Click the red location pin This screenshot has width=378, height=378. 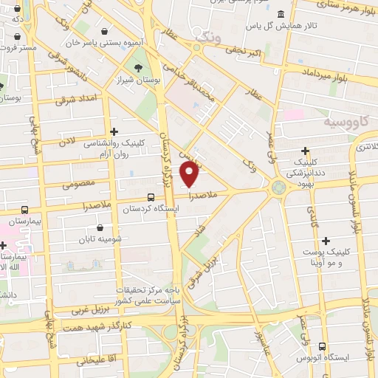tap(190, 175)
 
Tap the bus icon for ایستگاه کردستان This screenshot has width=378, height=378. tap(151, 198)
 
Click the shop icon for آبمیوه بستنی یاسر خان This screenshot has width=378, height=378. tap(104, 31)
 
